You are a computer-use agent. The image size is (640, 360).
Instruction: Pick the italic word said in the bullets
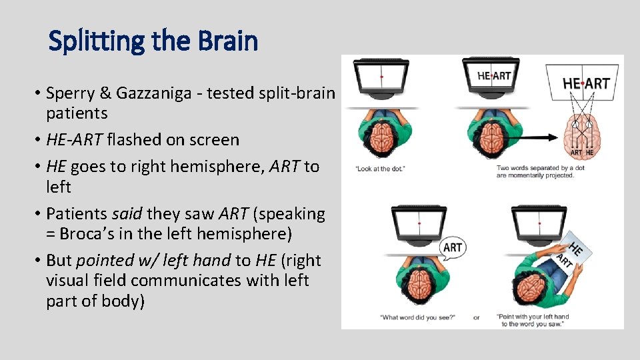coord(127,214)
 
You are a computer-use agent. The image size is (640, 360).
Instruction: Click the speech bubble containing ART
coord(452,247)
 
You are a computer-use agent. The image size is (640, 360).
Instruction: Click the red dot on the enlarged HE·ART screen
coord(583,84)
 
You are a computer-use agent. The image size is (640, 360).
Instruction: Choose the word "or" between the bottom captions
coord(476,317)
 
